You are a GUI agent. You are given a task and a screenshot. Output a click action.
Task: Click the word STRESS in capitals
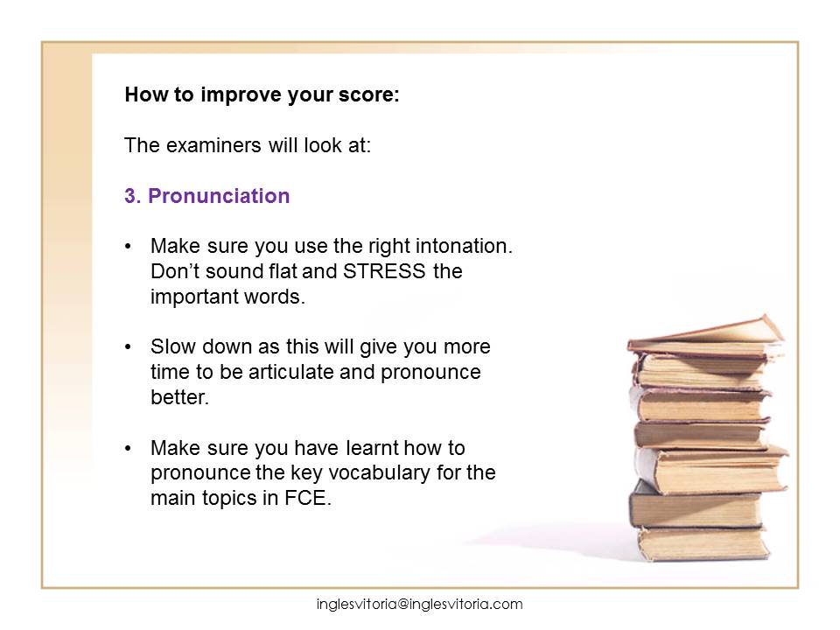(384, 271)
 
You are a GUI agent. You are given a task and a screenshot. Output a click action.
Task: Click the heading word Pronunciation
(219, 196)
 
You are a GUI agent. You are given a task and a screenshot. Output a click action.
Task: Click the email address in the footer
(419, 605)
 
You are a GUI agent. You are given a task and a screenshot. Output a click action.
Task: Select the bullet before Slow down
(128, 347)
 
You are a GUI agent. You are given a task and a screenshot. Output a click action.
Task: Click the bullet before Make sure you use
(128, 247)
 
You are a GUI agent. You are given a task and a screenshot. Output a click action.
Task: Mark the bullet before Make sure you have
(128, 448)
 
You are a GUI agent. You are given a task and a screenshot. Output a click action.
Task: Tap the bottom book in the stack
(703, 543)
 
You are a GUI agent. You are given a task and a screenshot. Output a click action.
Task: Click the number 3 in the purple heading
(130, 196)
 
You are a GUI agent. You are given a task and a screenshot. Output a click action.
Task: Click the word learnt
(372, 448)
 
